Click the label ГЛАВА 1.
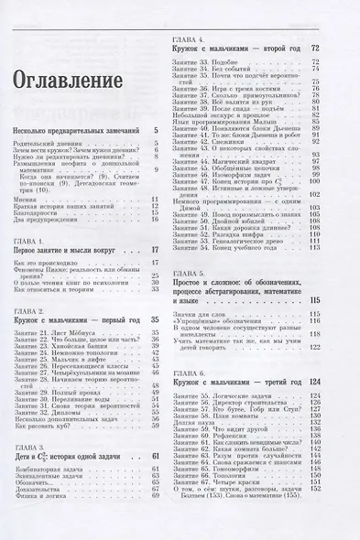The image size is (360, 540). [x=34, y=240]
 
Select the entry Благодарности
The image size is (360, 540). [x=38, y=211]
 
